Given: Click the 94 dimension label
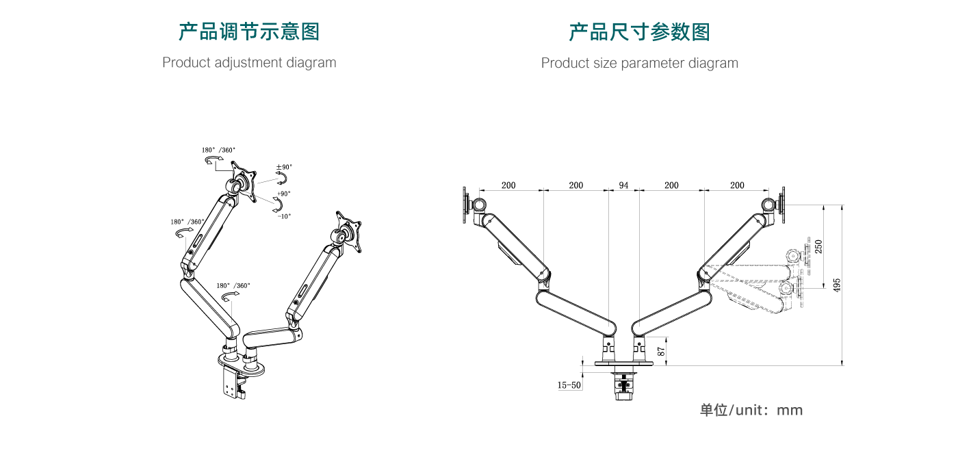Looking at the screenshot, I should tap(623, 185).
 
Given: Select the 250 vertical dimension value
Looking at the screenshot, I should tap(818, 246).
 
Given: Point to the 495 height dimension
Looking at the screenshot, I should tap(836, 285).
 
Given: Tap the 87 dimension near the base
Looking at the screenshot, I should tap(660, 350).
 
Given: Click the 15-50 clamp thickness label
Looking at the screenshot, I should tap(569, 385).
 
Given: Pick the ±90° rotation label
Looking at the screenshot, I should tap(283, 167).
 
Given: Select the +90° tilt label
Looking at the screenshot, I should tap(283, 194).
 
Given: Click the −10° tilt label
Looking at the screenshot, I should tap(283, 216).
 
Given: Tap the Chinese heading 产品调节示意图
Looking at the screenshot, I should tap(249, 31).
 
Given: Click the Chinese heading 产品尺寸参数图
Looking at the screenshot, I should tap(639, 31).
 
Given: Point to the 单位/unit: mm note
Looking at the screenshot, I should tap(751, 411).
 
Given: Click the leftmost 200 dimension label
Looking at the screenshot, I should tap(508, 185).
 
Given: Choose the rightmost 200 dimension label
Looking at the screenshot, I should tap(737, 185).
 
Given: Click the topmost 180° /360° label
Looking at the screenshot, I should tap(218, 150).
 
